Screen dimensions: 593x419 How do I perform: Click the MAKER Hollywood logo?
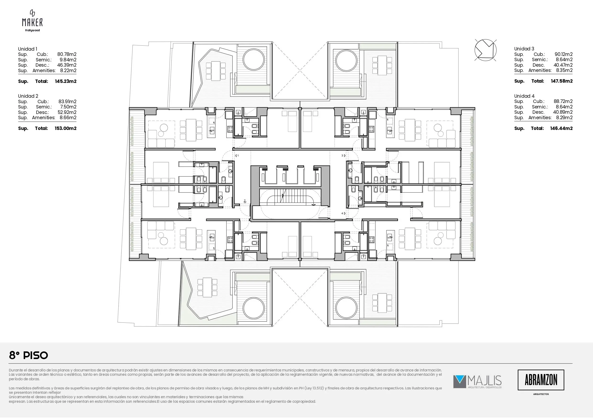click(x=32, y=21)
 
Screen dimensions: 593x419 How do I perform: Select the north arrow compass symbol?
click(x=485, y=50)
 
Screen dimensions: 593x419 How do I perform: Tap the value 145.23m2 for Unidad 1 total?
click(x=65, y=81)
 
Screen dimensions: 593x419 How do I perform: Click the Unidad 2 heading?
click(x=28, y=96)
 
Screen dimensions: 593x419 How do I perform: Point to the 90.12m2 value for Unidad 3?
click(x=564, y=54)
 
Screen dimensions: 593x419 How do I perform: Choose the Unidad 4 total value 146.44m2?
click(x=561, y=128)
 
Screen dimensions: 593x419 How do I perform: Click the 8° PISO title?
click(x=28, y=355)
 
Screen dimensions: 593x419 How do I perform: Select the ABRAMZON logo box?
click(x=541, y=380)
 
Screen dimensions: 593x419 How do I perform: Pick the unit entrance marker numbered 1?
click(x=237, y=156)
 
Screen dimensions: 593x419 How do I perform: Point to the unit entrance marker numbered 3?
click(x=343, y=156)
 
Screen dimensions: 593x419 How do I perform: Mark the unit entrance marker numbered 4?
click(x=343, y=214)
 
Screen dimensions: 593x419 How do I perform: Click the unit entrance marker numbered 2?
click(x=245, y=201)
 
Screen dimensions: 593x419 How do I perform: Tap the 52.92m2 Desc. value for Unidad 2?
click(x=67, y=112)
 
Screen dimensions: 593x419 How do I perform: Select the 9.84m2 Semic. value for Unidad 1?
click(x=68, y=60)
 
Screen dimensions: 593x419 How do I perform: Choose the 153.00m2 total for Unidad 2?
click(x=65, y=128)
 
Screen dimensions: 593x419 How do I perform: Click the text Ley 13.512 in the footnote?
click(x=314, y=388)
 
